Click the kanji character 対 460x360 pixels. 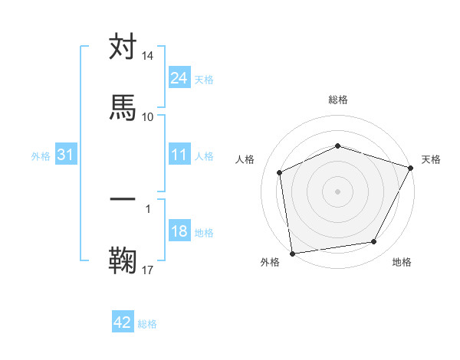[123, 47]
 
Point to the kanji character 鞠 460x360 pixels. [123, 260]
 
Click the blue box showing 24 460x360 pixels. [179, 77]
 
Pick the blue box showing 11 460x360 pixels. [179, 155]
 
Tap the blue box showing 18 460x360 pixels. [179, 231]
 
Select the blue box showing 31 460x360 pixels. [66, 155]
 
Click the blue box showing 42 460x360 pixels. [123, 322]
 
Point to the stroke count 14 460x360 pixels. [148, 57]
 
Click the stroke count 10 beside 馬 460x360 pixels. [148, 116]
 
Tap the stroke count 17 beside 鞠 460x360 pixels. [148, 270]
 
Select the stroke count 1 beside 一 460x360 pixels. [148, 206]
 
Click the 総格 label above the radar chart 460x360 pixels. [337, 100]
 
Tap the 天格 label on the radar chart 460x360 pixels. [431, 159]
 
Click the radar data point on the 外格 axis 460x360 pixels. [292, 253]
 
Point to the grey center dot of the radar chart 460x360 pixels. [337, 191]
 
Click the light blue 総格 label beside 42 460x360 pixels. [147, 323]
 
